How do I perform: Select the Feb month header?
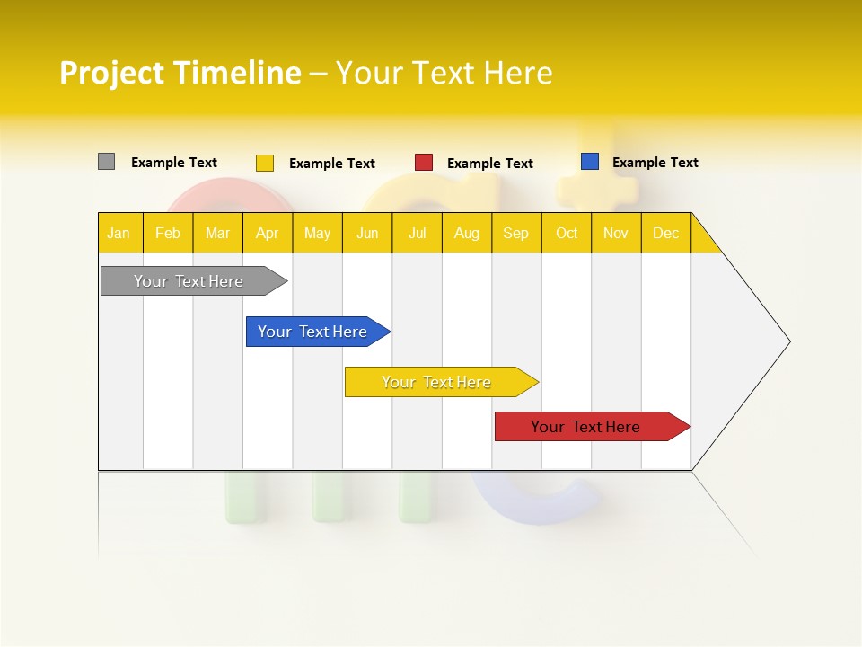168,233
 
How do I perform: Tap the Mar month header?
217,233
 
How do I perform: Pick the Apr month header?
268,233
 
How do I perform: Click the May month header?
317,233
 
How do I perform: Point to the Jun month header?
367,233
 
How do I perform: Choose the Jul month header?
417,233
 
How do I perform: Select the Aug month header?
467,233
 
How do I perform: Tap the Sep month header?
516,233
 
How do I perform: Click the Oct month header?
567,233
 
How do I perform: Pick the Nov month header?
616,233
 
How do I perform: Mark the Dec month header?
666,233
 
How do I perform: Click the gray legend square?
106,162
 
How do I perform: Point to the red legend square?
424,163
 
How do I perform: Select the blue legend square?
589,162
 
